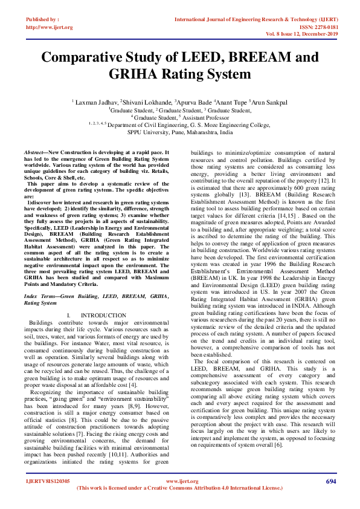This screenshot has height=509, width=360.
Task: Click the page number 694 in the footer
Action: tap(330, 481)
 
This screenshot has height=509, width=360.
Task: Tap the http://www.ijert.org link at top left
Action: tap(49, 27)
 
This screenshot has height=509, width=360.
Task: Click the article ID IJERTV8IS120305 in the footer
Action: tap(48, 481)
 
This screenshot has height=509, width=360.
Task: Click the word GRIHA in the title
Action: tap(141, 74)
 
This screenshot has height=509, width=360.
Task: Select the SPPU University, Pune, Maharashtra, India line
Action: tap(179, 132)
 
